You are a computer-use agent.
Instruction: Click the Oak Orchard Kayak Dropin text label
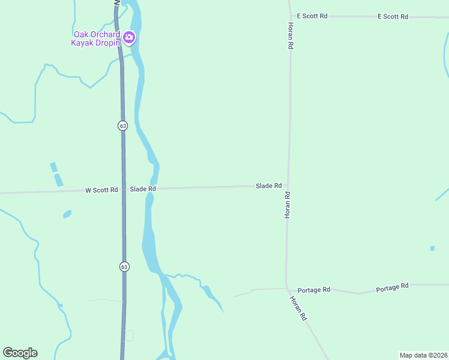pos(97,38)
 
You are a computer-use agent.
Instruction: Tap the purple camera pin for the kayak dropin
pos(129,38)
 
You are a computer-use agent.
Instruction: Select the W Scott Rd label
pos(101,190)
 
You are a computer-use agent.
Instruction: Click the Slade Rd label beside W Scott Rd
pos(143,189)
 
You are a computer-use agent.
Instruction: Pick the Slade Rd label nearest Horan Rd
pos(269,186)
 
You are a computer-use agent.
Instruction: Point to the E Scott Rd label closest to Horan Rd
pos(312,16)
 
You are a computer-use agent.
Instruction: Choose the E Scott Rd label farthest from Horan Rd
pos(393,17)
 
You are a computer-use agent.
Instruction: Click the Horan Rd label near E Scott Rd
pos(291,36)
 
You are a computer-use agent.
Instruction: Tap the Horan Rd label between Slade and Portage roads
pos(288,205)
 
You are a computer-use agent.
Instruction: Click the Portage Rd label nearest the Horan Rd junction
pos(314,290)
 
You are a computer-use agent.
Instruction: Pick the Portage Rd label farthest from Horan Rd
pos(392,288)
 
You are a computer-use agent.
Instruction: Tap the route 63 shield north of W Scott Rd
pos(122,125)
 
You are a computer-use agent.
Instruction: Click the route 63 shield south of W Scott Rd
pos(124,266)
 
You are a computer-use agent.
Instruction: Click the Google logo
pos(20,353)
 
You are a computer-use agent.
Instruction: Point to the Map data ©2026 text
pos(423,355)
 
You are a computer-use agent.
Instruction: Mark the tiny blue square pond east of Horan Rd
pos(432,248)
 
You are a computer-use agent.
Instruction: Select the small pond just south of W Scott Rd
pos(67,214)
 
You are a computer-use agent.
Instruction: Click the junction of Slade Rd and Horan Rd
pos(288,186)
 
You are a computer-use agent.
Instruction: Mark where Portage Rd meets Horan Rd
pos(287,288)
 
